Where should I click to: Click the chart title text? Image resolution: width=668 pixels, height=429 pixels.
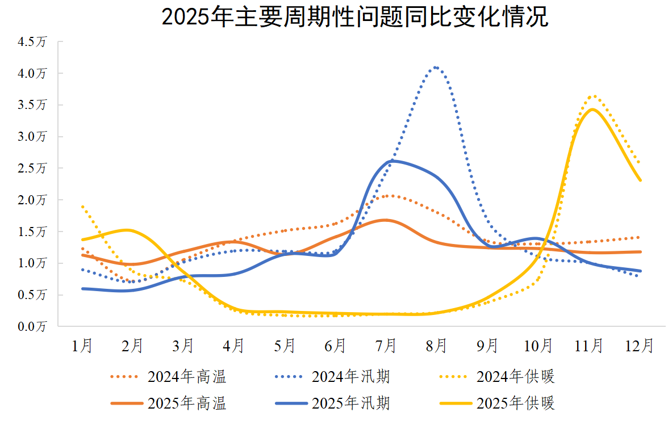click(355, 17)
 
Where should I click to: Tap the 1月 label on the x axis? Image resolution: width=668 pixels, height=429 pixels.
click(82, 345)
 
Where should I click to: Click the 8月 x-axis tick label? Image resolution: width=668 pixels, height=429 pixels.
click(436, 345)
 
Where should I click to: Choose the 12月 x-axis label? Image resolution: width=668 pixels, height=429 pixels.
click(640, 345)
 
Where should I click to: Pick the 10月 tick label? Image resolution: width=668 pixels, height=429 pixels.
click(538, 345)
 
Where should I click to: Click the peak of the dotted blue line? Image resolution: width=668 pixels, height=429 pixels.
click(436, 67)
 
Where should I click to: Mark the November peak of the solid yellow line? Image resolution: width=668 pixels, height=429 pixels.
click(592, 109)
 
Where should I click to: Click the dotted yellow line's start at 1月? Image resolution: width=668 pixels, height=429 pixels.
click(83, 207)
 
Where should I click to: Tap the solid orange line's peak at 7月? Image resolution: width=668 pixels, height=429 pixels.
click(385, 220)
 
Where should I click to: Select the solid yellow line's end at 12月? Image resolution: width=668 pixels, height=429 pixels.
click(640, 180)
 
